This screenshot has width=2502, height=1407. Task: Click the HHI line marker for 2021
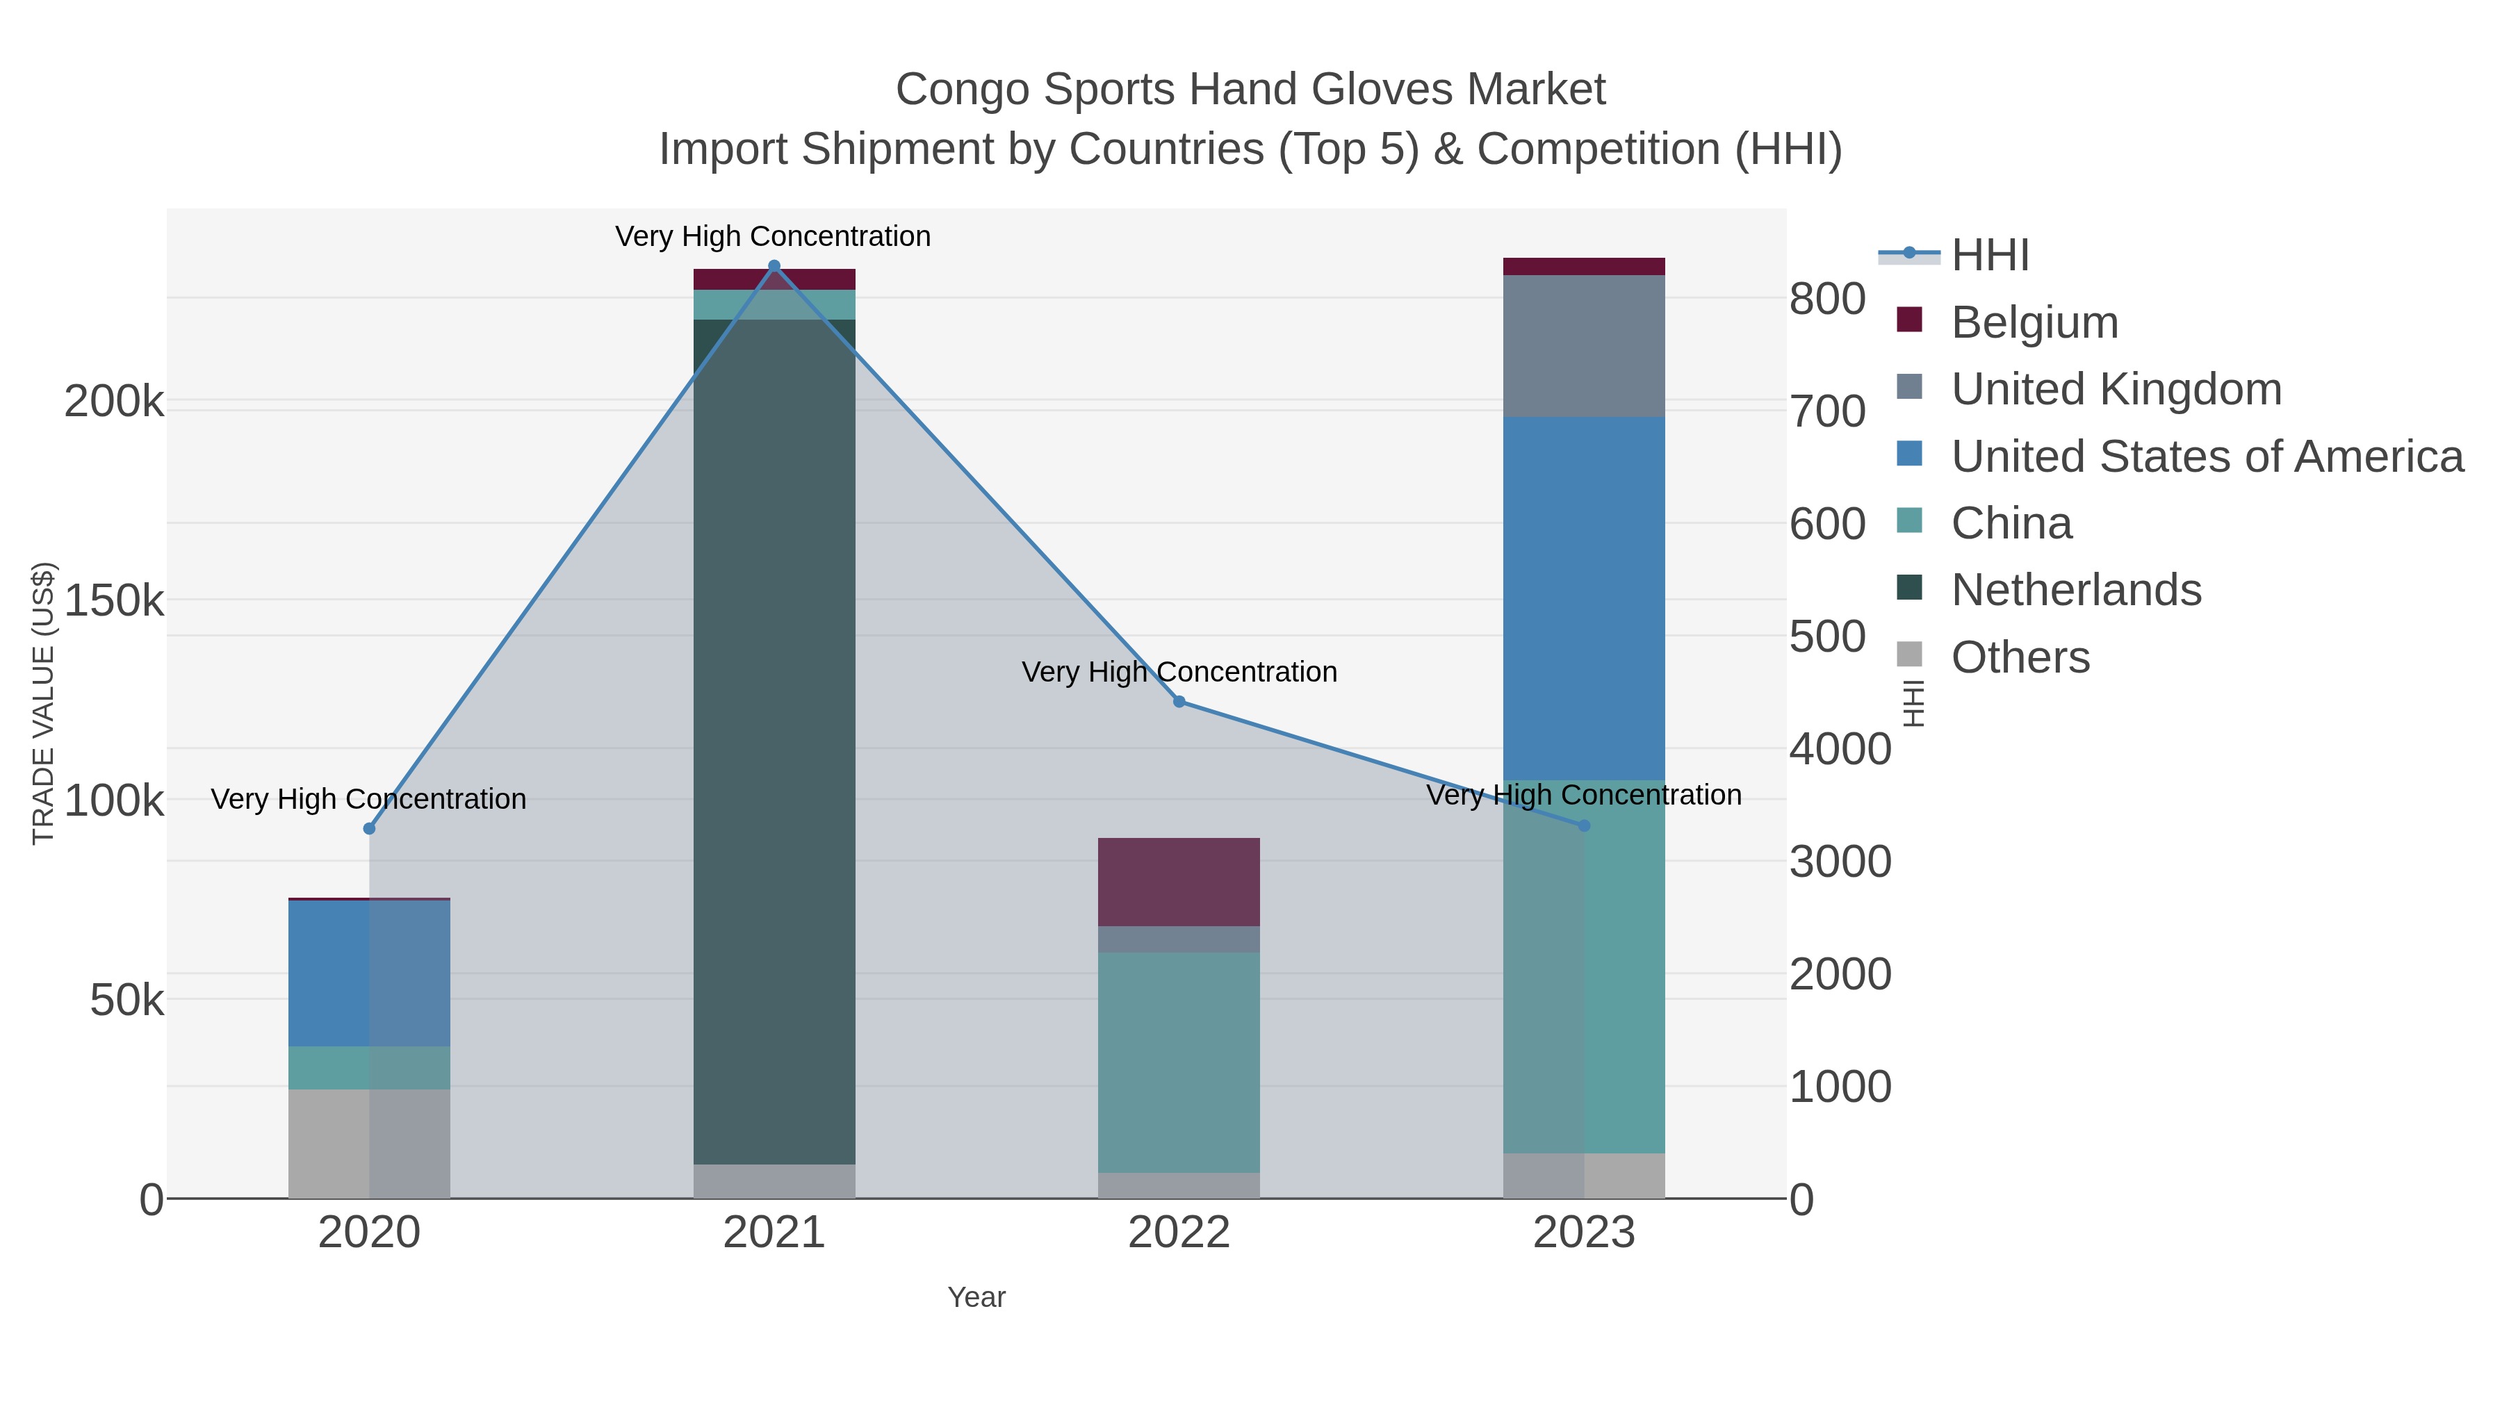[774, 266]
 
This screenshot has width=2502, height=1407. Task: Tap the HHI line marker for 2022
[1179, 701]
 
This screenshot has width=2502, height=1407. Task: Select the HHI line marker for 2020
[369, 828]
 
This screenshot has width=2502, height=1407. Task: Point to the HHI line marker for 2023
[1584, 825]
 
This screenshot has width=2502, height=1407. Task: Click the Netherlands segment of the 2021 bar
[774, 738]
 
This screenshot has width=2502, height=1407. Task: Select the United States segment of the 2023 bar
[1584, 597]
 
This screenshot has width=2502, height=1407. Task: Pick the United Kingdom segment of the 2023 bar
[1584, 346]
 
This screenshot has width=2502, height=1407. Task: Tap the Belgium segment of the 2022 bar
[1179, 882]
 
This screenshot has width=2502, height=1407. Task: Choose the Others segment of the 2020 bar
[369, 1143]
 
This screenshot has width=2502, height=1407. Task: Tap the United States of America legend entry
[2206, 456]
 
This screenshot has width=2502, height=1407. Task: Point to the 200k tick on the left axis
[114, 401]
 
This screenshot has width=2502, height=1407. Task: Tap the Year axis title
[976, 1297]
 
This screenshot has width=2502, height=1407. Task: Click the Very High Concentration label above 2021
[773, 236]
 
